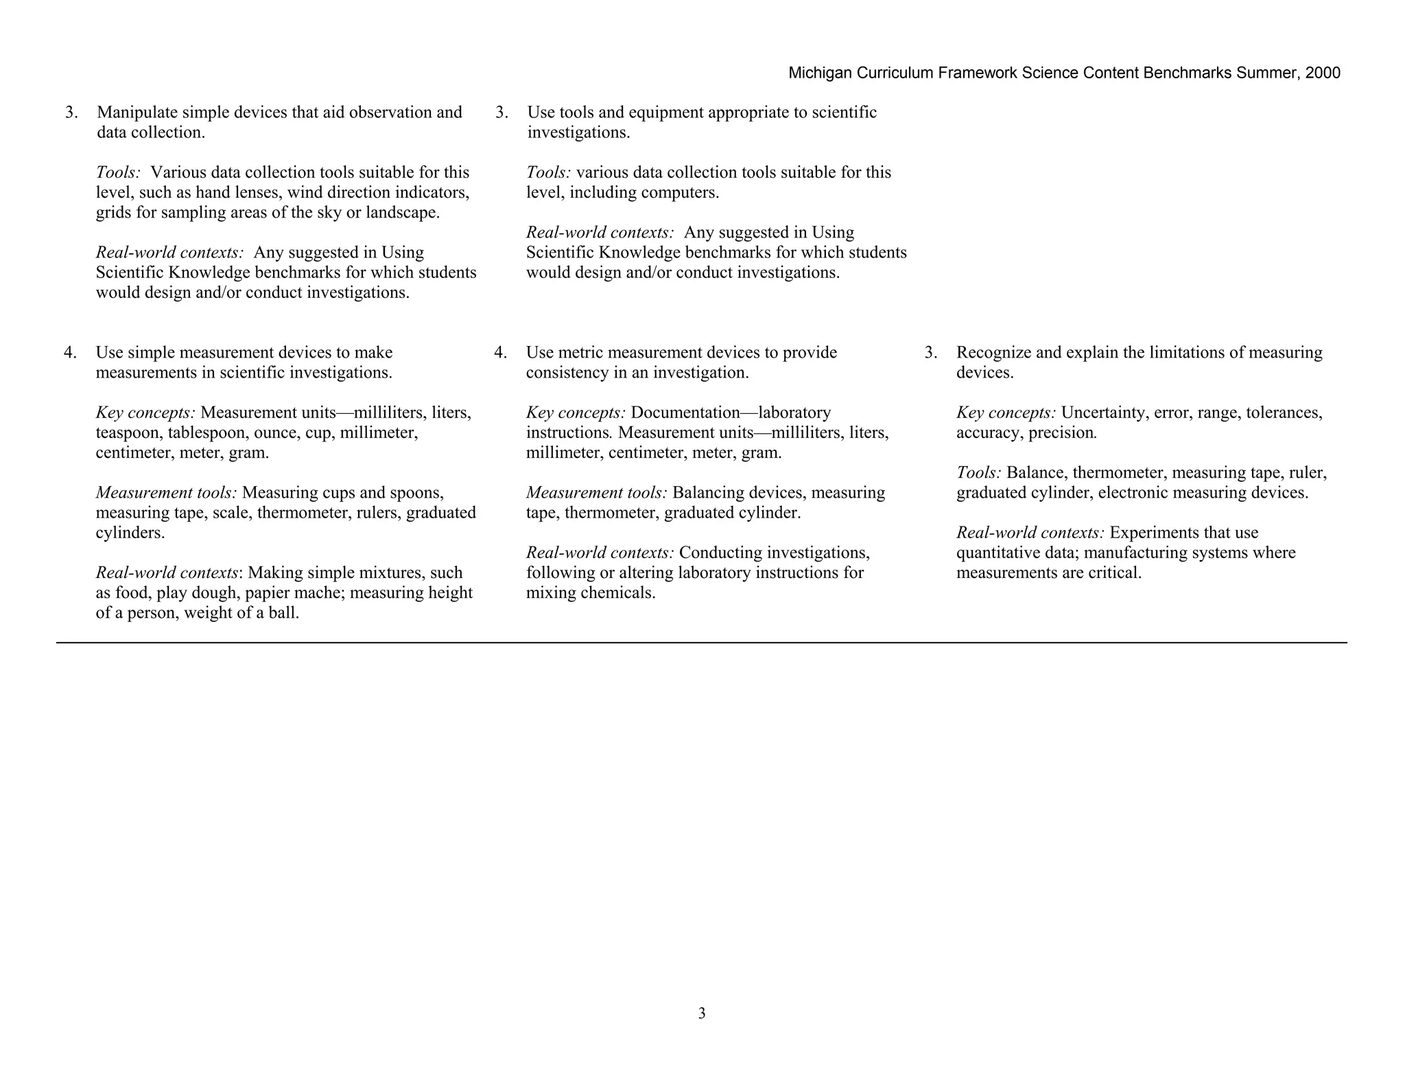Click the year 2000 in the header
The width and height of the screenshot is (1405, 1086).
point(1323,73)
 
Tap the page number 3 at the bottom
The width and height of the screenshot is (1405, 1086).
point(702,1013)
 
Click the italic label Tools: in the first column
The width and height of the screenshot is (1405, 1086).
point(118,172)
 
